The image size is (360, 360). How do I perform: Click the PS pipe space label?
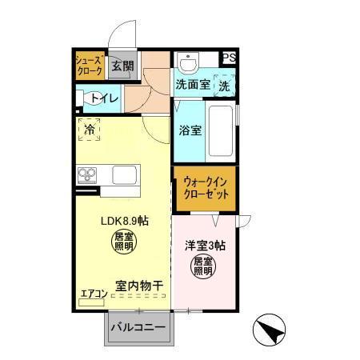point(230,57)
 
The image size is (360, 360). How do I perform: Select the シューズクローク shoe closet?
point(89,66)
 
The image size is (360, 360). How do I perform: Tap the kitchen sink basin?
point(125,174)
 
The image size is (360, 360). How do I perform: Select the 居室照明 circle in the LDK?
point(124,242)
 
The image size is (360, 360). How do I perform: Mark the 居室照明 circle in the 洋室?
point(203,266)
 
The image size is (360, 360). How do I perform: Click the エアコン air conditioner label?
point(94,294)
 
